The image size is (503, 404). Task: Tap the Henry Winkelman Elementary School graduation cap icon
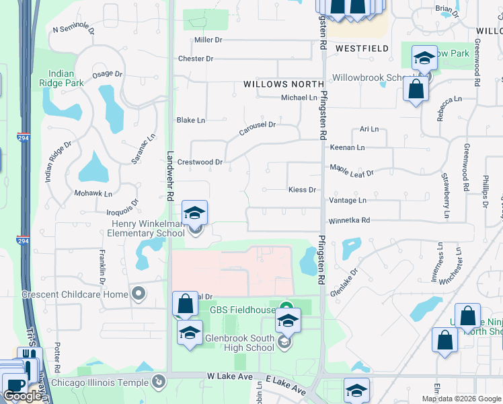195,213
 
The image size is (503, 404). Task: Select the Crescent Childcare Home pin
139,294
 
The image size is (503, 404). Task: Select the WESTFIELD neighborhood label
362,48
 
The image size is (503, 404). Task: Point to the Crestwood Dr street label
199,162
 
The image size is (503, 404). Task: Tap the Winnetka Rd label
349,220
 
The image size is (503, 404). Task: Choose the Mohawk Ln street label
93,193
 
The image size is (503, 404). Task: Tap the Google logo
22,395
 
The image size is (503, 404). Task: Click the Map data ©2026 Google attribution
461,399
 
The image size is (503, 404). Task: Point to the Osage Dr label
107,74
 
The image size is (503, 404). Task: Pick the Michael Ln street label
299,98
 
